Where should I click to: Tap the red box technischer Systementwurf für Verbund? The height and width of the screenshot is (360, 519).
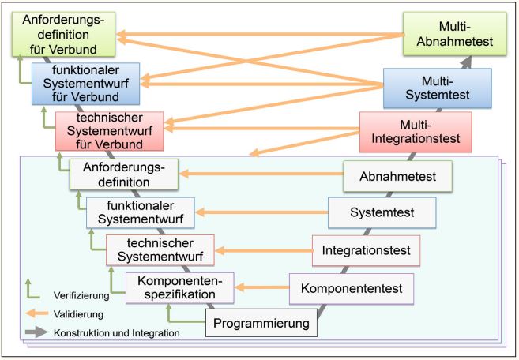point(109,131)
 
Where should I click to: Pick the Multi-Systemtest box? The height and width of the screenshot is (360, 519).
point(437,87)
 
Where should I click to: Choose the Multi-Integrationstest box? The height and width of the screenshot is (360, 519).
point(415,131)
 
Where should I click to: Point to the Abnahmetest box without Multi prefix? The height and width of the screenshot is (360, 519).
point(397,176)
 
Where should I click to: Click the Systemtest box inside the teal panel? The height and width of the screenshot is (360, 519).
point(382,212)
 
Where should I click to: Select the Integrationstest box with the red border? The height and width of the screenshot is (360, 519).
point(366,250)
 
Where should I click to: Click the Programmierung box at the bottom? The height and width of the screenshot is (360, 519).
point(261,322)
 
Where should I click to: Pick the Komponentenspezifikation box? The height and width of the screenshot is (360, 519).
point(180,288)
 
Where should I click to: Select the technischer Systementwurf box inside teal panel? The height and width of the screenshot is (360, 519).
point(160,250)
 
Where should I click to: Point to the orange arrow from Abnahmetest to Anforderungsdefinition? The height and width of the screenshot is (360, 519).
point(261,173)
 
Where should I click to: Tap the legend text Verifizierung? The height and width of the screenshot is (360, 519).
point(81,294)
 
